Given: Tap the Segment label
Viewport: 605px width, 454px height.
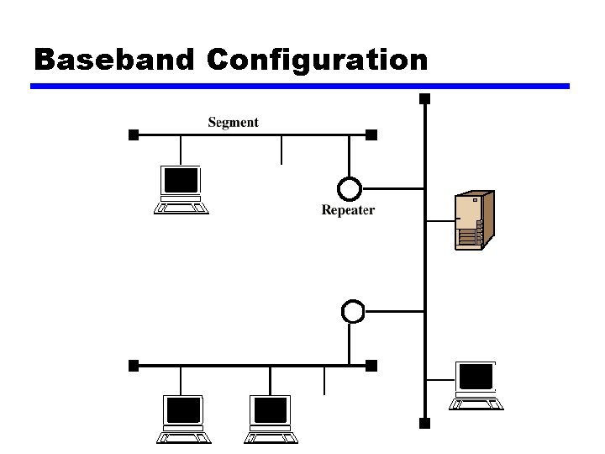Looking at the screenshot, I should [x=233, y=122].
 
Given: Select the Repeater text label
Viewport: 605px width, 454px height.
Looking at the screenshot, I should [x=348, y=210].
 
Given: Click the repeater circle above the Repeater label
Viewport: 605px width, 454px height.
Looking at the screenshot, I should [x=349, y=187].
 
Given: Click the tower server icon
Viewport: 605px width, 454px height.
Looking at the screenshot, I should [x=473, y=220].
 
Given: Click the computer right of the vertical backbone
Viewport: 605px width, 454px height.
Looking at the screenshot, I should [x=476, y=385].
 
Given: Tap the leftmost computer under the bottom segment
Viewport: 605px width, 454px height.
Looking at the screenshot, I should [x=183, y=419].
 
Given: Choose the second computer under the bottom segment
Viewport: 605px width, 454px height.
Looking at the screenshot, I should [x=270, y=419].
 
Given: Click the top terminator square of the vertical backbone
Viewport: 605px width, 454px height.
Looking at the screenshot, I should [x=425, y=99].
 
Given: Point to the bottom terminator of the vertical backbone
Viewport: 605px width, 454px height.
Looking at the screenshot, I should [x=425, y=423].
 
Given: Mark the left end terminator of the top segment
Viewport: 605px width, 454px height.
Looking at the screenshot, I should [x=133, y=135].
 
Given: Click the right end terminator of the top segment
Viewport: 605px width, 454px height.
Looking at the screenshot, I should [x=372, y=135].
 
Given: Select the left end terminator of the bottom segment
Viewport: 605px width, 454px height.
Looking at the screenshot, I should [x=133, y=366].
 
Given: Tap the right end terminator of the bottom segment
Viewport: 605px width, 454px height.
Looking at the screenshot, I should [x=372, y=366].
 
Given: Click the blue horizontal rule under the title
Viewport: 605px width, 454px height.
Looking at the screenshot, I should [x=300, y=86].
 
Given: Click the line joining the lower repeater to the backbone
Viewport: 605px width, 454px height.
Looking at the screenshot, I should [x=395, y=311].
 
